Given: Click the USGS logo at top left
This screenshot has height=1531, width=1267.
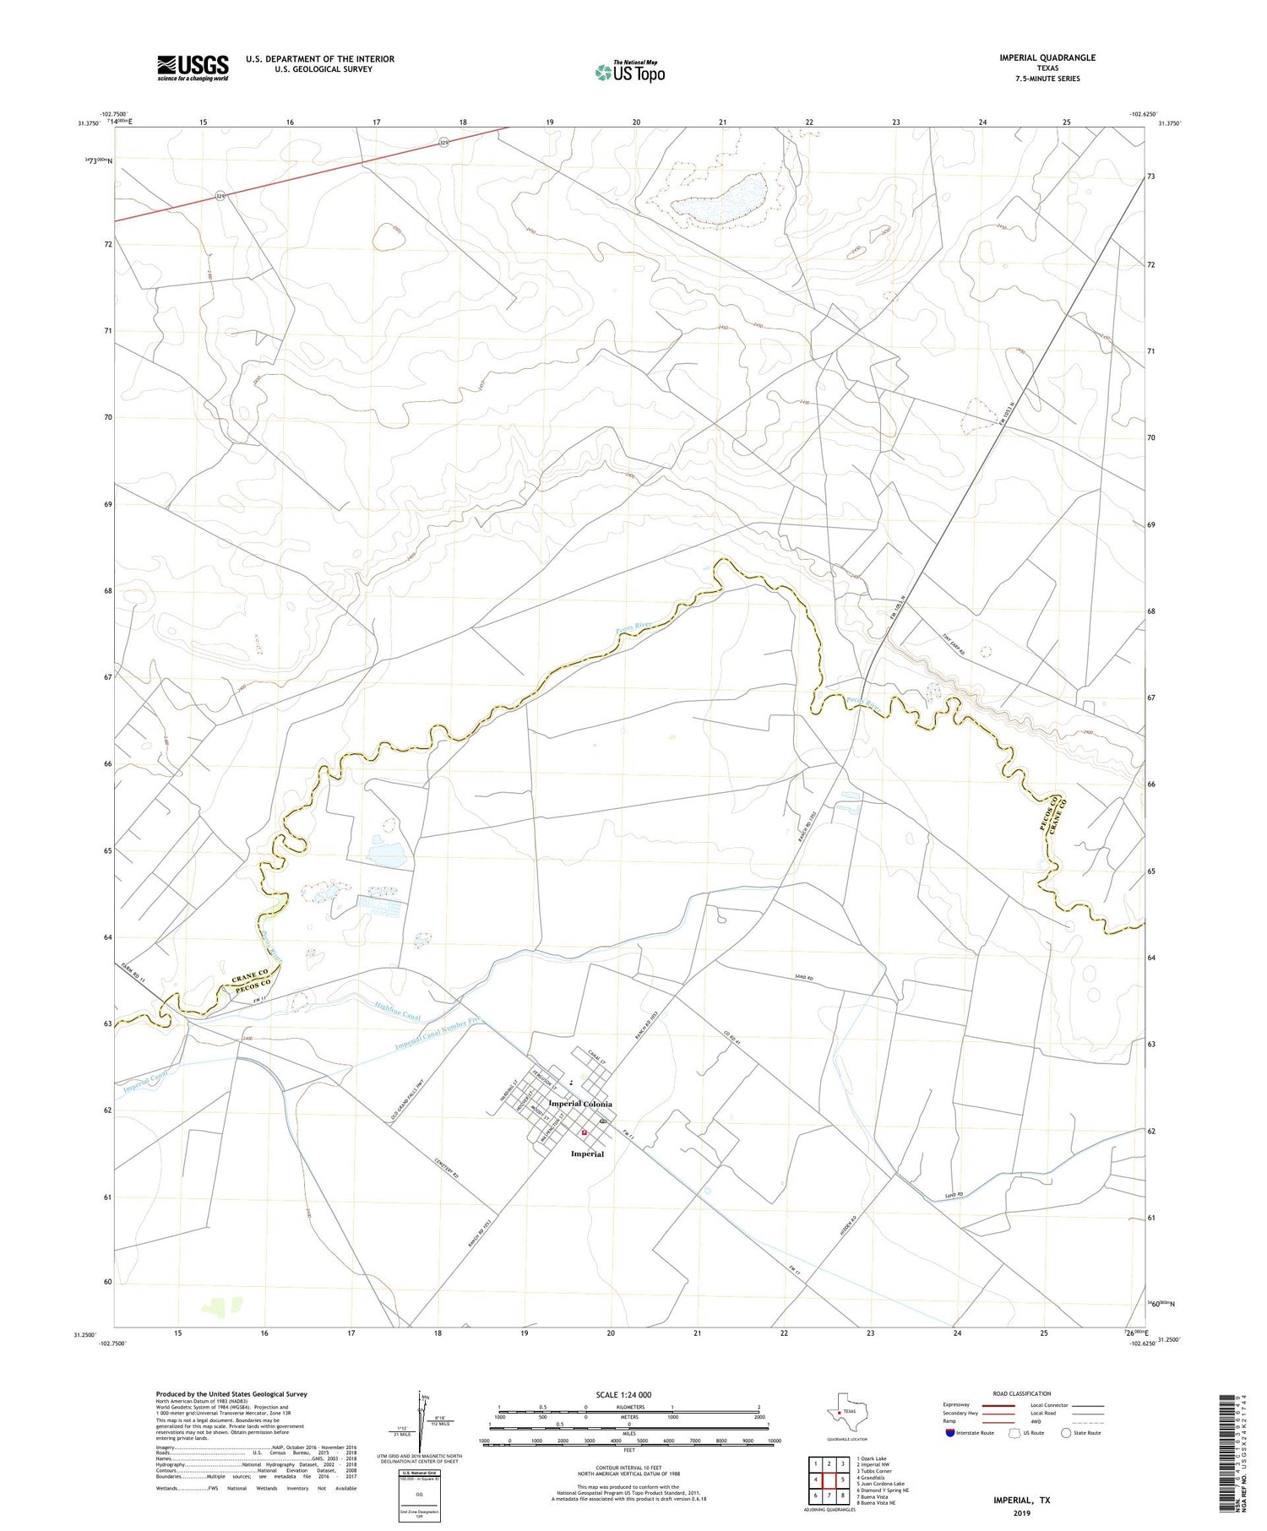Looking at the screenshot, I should click(x=193, y=68).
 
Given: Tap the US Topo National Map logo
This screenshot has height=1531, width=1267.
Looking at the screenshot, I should click(x=629, y=73).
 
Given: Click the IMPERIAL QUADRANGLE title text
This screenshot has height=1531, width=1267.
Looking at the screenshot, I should click(x=1047, y=57).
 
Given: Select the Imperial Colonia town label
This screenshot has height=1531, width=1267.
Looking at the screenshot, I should click(x=580, y=1104).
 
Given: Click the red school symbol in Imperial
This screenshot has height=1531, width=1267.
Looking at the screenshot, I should click(x=584, y=1133).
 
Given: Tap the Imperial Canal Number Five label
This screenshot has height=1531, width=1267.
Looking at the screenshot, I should click(x=438, y=1034).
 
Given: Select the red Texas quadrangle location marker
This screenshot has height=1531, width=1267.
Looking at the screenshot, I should click(x=838, y=1411).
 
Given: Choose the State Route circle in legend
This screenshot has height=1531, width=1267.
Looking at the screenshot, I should click(x=1067, y=1433).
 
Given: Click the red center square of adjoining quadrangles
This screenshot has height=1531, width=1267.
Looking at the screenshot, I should click(x=829, y=1479).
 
